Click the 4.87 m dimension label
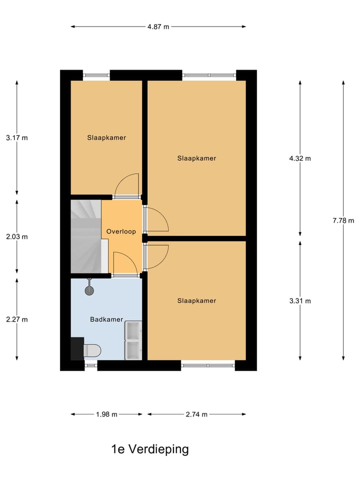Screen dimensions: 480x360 coord(158,27)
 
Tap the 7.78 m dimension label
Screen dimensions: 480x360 coord(343,220)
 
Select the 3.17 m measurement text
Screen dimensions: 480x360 coord(17,137)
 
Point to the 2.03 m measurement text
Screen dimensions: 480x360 coord(17,236)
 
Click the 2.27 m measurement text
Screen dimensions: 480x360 coord(17,319)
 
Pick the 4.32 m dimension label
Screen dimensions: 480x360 coord(300,158)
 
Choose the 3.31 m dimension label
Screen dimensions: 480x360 coord(300,301)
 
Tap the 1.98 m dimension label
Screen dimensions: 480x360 coord(106,414)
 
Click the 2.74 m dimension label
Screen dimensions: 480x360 coord(196,414)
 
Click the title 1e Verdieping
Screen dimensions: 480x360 coord(150,449)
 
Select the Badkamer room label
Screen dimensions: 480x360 coord(106,319)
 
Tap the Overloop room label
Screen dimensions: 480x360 coord(121,232)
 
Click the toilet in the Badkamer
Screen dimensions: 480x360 coord(91,349)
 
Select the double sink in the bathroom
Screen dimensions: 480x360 coord(133,340)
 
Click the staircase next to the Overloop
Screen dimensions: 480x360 coord(85,235)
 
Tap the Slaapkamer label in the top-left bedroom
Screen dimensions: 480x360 coord(106,137)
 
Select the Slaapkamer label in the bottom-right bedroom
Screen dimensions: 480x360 coord(196,300)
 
